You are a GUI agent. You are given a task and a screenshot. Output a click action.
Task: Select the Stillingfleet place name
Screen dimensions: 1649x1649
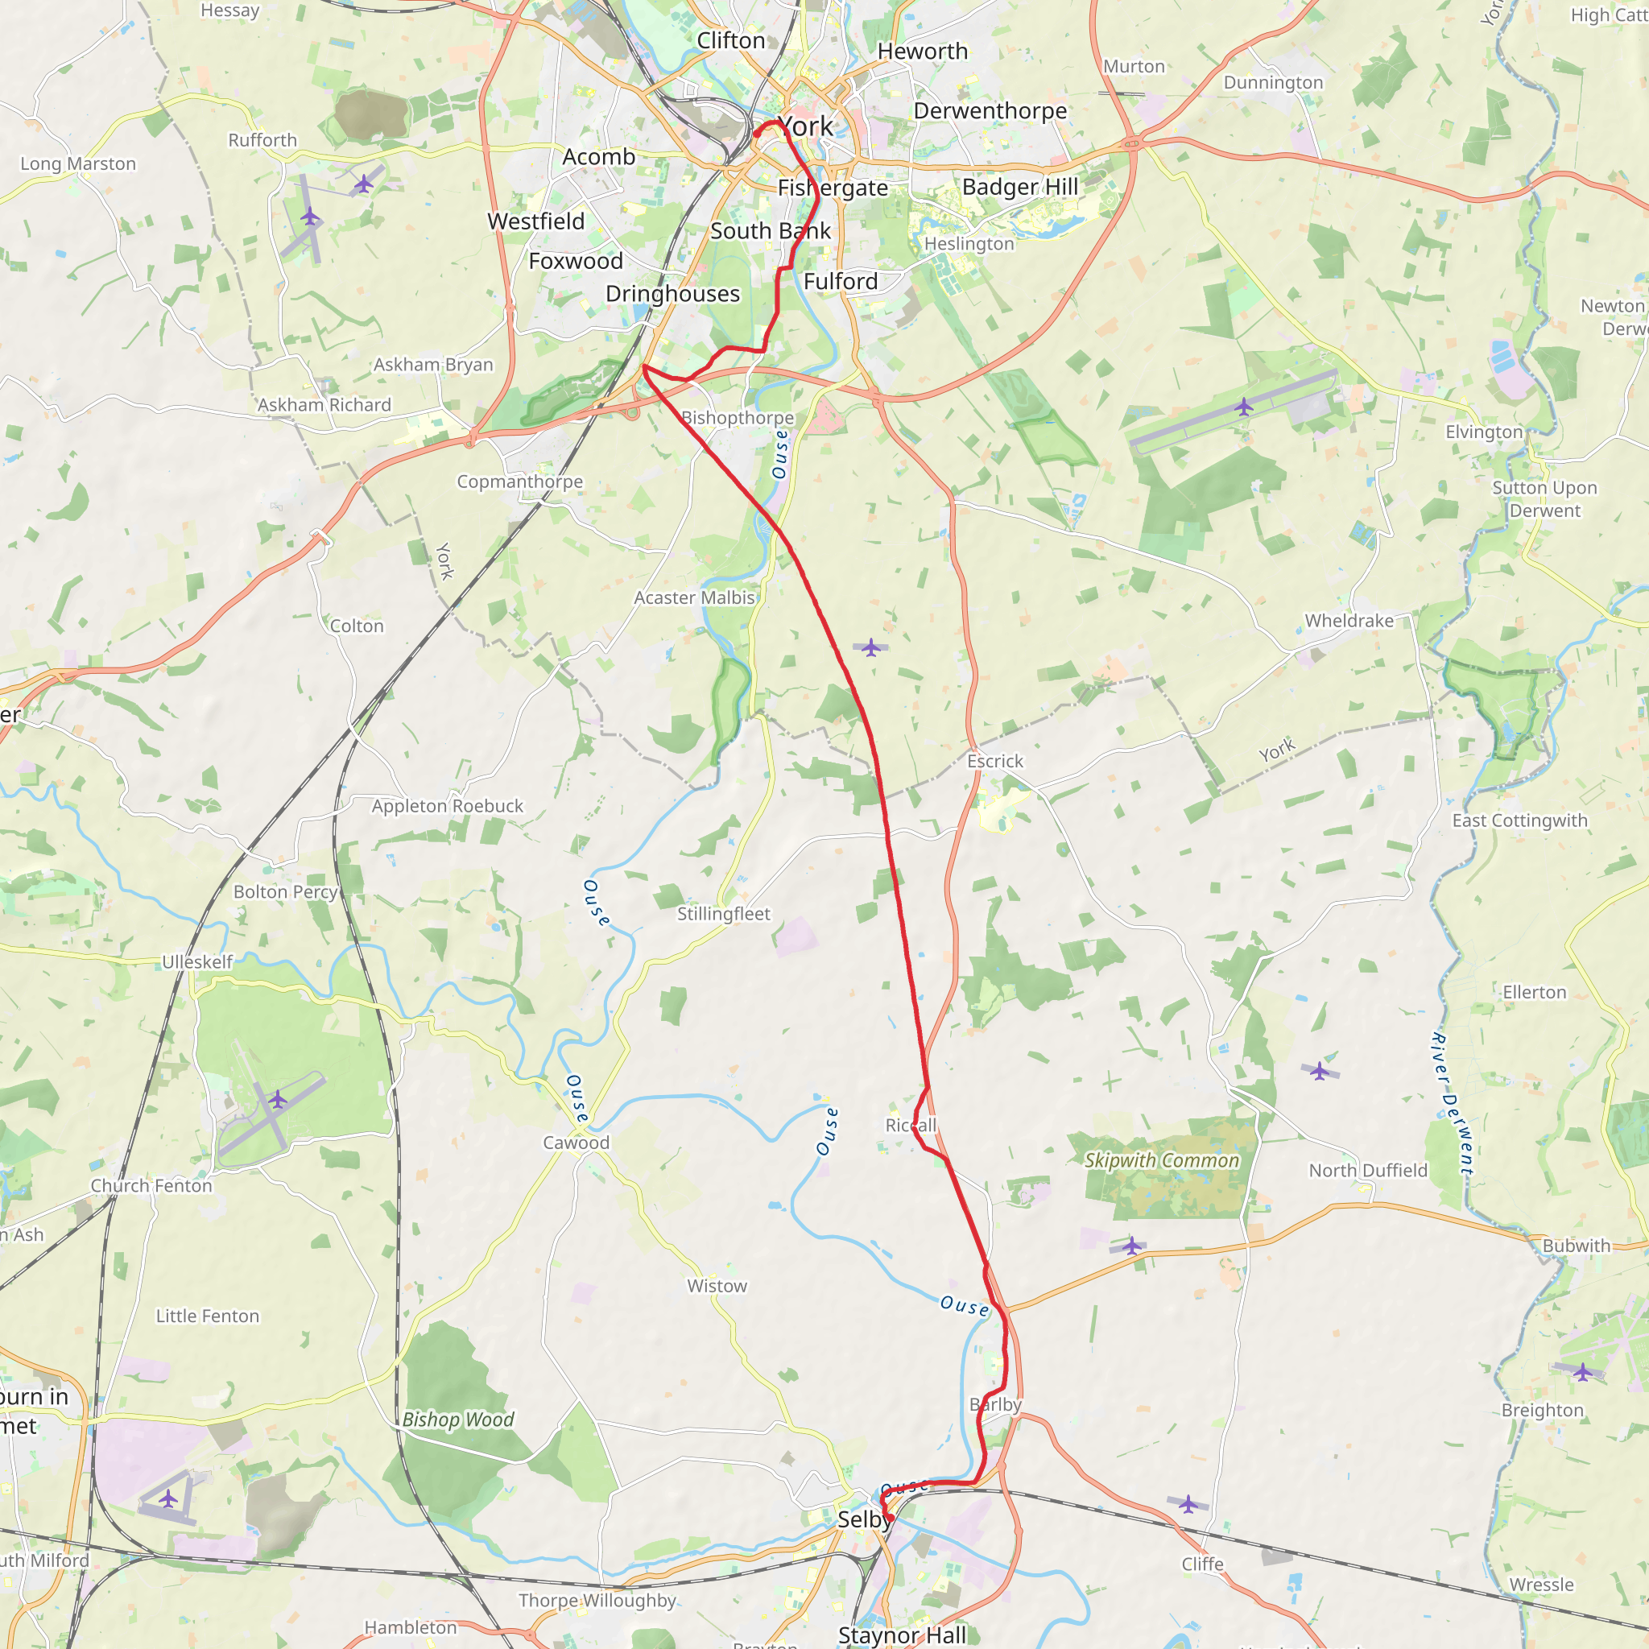[x=723, y=913]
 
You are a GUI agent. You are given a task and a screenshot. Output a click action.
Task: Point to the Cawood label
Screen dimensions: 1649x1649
[x=577, y=1142]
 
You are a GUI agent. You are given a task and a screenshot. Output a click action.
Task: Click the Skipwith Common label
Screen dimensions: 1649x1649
[x=1161, y=1160]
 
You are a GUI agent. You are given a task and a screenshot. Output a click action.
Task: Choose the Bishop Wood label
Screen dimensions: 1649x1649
[x=457, y=1420]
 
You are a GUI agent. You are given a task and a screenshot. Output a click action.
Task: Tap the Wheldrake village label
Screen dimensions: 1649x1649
[x=1349, y=621]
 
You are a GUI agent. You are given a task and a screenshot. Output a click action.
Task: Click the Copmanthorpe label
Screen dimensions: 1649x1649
[x=520, y=481]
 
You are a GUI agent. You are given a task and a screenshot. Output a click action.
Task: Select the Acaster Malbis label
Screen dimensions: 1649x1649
[x=694, y=597]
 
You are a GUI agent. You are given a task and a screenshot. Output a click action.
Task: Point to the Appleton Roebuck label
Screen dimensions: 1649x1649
[x=447, y=806]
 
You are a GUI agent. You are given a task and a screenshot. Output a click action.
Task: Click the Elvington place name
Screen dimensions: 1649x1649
[x=1483, y=432]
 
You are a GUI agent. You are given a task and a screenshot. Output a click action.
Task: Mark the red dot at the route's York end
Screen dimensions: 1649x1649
[x=757, y=133]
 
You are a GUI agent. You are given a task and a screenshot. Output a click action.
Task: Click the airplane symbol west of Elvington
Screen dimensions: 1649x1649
[x=1243, y=407]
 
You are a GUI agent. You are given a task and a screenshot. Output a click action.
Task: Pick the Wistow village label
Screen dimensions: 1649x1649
[x=717, y=1285]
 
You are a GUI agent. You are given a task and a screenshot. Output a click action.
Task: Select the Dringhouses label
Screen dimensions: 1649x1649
[x=672, y=294]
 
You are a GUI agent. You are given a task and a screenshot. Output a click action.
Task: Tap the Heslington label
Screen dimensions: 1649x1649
[x=969, y=244]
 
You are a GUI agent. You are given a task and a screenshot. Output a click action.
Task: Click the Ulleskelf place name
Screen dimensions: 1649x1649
[x=197, y=962]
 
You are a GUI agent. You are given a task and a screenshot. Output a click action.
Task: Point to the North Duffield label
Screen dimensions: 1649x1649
[x=1367, y=1170]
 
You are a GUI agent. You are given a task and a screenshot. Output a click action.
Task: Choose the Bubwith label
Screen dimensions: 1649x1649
[x=1576, y=1246]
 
